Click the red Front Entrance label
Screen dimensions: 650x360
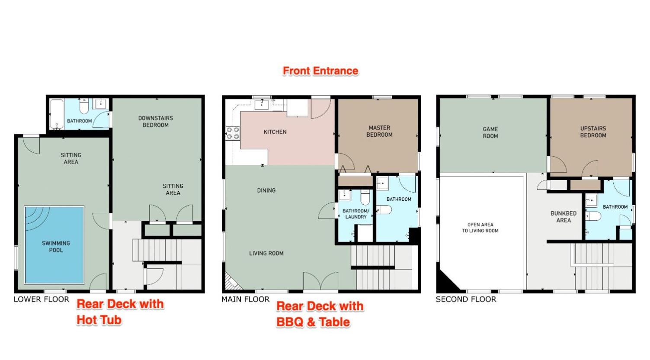(320, 71)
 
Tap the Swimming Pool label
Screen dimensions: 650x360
(56, 247)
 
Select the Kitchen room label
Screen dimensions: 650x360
(275, 132)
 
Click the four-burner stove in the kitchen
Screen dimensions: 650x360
(233, 133)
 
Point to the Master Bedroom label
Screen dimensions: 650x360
(379, 131)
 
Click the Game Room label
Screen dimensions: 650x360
(490, 132)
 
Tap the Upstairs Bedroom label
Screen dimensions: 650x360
(593, 132)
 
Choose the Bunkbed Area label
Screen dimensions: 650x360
(564, 217)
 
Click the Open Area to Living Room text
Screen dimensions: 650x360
(480, 228)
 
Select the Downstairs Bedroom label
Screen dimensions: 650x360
(156, 121)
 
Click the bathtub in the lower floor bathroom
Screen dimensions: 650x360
(57, 114)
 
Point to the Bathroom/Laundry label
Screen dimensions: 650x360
(356, 214)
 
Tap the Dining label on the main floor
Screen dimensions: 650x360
(266, 190)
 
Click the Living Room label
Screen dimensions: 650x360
(266, 253)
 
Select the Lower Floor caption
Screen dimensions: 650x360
(42, 299)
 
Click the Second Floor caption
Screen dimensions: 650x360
(466, 299)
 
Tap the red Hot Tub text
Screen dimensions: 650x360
(99, 320)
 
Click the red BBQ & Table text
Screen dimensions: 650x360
(313, 322)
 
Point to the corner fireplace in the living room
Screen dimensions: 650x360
(233, 281)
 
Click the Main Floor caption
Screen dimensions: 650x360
(246, 299)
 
